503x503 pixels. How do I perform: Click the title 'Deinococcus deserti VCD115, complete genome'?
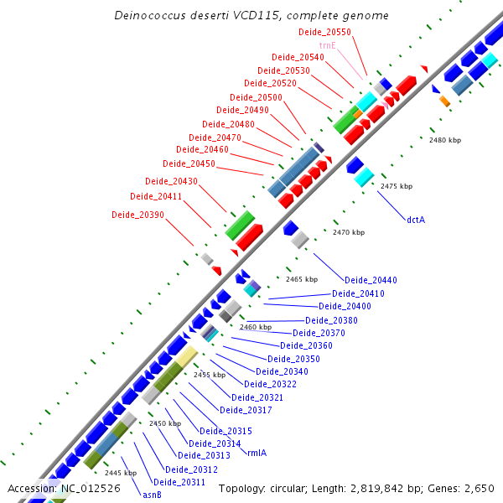251,15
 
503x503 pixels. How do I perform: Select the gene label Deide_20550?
324,32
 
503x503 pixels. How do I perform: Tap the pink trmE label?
328,45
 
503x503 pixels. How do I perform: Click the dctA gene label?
416,220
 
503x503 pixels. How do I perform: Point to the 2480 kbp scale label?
445,140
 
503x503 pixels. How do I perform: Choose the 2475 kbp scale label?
397,186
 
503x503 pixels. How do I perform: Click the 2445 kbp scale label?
120,473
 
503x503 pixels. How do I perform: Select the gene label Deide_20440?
371,280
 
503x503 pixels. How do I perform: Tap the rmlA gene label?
257,452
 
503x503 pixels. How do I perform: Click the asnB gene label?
152,494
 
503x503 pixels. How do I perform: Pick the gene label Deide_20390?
137,215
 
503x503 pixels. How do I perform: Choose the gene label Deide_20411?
156,196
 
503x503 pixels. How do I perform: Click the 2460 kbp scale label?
256,327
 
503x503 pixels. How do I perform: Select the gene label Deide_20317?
246,410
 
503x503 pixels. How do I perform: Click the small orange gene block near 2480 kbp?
445,101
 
